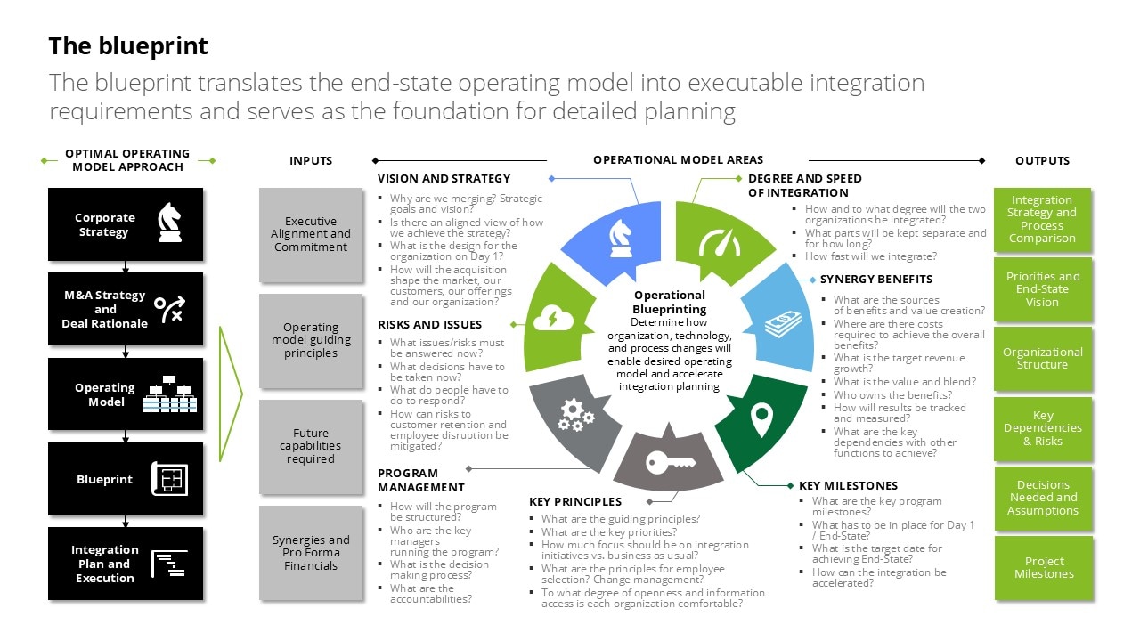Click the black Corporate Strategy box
126,224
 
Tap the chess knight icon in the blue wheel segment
620,235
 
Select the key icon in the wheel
671,462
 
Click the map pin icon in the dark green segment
760,420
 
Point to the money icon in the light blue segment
784,323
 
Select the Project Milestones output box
1044,568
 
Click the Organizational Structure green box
1043,358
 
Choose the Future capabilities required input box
311,446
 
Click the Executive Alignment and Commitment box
311,234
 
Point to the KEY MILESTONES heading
848,485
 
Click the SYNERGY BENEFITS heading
876,279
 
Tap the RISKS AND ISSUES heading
429,324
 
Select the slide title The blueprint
128,45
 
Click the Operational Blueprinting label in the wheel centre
670,302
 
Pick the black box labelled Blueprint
126,479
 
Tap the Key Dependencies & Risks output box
1043,428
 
